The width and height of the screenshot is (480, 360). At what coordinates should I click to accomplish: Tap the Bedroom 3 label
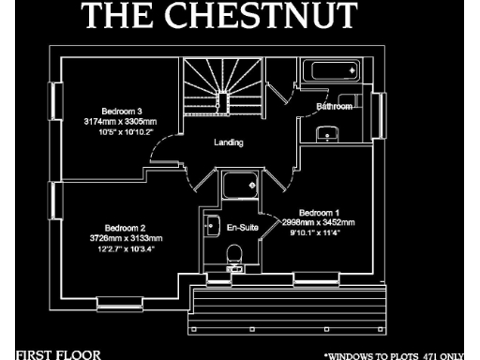coord(117,112)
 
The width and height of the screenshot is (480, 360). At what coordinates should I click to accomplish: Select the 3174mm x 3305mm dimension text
coord(117,122)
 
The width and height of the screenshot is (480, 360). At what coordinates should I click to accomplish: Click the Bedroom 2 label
coord(125,229)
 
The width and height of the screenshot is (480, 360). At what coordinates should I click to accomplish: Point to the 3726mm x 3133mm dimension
coord(125,239)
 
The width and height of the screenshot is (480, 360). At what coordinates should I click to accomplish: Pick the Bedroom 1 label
coord(319,213)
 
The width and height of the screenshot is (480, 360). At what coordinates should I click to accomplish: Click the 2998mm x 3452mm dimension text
coord(319,222)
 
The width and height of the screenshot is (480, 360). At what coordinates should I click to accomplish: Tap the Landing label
coord(229,143)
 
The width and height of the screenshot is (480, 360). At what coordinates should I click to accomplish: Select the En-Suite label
coord(243,228)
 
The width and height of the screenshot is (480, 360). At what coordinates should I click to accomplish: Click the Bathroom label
coord(335,107)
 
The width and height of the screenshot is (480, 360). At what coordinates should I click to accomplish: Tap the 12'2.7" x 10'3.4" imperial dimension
coord(125,249)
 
